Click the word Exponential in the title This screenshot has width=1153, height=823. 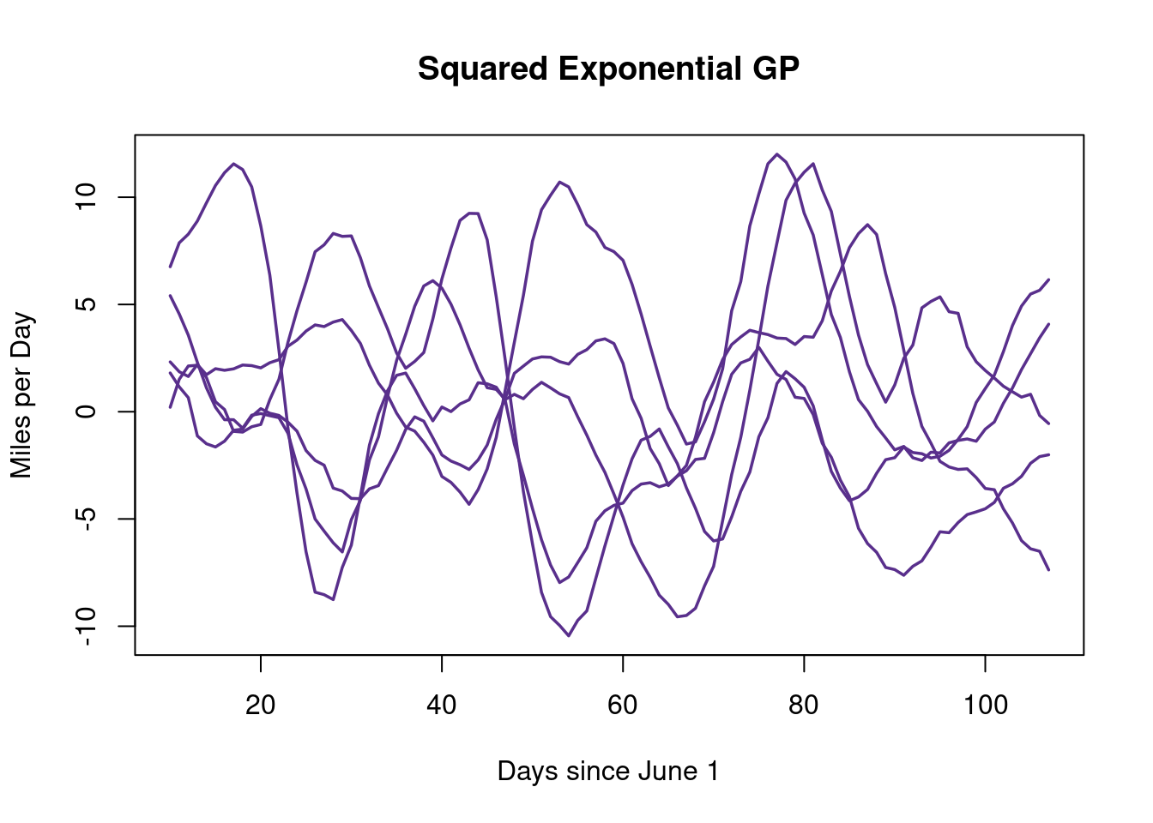pos(649,69)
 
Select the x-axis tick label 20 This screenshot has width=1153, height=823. pos(260,706)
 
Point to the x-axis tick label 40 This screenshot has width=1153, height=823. pos(441,706)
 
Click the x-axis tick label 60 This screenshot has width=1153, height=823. pos(623,706)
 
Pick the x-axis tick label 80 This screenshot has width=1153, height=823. pos(804,706)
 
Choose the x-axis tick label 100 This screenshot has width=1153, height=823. pos(985,706)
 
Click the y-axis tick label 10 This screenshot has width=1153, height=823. pos(87,197)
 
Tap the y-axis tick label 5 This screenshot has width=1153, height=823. pos(87,304)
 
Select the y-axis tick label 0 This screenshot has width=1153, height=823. pos(87,411)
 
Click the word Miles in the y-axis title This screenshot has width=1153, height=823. pos(21,451)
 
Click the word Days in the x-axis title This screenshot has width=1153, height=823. pos(525,772)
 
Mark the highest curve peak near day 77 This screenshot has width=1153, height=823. pos(776,154)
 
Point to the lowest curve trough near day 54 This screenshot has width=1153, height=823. pos(569,635)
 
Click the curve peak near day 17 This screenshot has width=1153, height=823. pos(233,164)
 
